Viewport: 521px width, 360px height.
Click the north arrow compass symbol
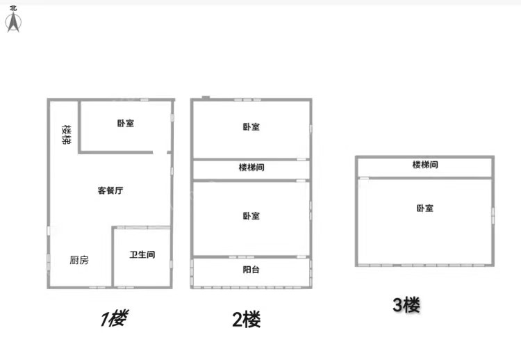click(13, 23)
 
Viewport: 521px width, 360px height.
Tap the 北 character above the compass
click(13, 8)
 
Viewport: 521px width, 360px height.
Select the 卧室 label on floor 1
click(126, 124)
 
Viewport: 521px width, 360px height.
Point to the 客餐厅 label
click(110, 190)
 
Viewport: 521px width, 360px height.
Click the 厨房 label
click(79, 260)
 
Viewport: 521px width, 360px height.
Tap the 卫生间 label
click(142, 254)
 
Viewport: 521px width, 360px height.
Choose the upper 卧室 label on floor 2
click(251, 127)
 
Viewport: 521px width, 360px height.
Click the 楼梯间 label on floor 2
click(251, 167)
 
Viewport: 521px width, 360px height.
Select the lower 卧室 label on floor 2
click(251, 216)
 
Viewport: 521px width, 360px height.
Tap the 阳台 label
click(251, 270)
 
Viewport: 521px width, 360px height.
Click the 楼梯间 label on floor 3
click(425, 165)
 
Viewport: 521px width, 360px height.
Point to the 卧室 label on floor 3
click(425, 208)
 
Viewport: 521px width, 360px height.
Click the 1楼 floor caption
click(113, 319)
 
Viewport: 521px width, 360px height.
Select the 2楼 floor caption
click(247, 320)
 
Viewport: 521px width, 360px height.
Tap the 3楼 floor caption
click(406, 304)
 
